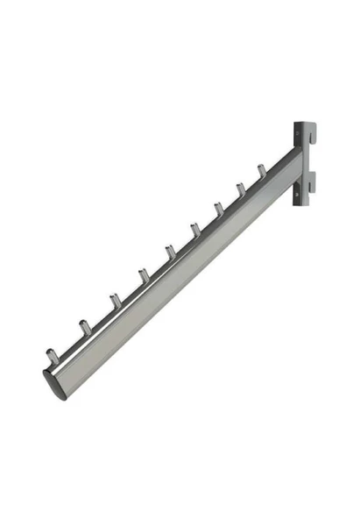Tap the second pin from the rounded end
pyautogui.click(x=84, y=329)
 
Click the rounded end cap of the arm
pyautogui.click(x=54, y=384)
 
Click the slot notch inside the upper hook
pyautogui.click(x=308, y=139)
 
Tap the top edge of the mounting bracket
pyautogui.click(x=303, y=124)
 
